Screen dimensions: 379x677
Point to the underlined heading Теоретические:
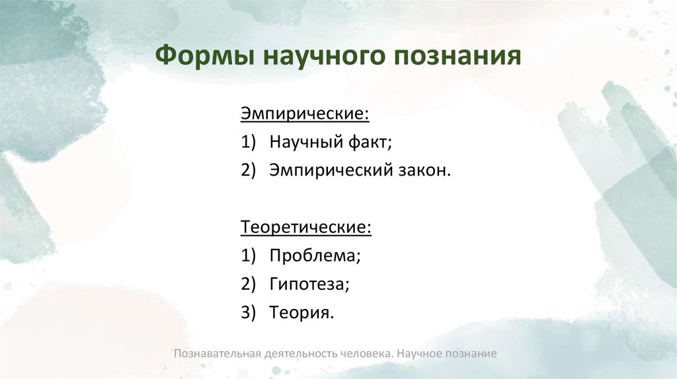click(305, 227)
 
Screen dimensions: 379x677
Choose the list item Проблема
click(315, 256)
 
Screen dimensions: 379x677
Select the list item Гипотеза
click(309, 284)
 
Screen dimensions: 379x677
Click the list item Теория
click(301, 312)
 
